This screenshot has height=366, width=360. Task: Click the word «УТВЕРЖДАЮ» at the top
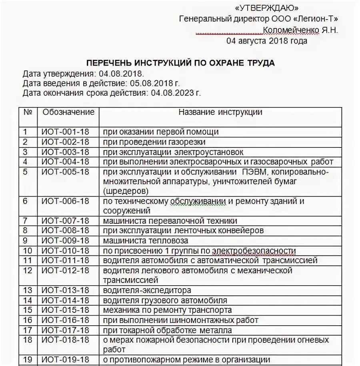coord(267,8)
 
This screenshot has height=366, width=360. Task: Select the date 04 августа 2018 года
coord(267,41)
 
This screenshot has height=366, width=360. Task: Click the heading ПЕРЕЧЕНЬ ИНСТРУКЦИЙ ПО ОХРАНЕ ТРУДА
coord(181,63)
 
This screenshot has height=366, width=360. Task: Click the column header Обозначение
coord(68,112)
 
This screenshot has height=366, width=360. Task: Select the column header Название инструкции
coord(220,112)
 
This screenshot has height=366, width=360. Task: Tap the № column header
coord(28,112)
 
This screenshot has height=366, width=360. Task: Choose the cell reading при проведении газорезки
coord(154,142)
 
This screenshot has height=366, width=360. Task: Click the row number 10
coord(27,251)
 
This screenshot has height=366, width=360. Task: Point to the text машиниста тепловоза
coord(145,241)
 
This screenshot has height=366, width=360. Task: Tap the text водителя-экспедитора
coord(147,290)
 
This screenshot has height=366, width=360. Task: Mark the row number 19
coord(27,359)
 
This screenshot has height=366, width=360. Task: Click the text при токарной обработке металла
coord(167,330)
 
